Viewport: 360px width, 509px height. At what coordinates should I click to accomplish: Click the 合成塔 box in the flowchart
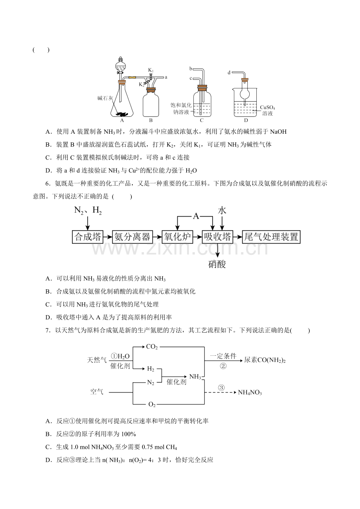[88, 237]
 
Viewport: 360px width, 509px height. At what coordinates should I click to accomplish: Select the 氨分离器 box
[133, 237]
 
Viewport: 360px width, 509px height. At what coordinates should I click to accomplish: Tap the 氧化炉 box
[177, 237]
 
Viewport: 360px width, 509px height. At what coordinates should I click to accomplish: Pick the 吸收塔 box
[218, 237]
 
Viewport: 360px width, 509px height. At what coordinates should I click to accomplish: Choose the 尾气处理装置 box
[271, 237]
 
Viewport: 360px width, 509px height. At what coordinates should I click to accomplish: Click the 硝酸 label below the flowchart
[217, 264]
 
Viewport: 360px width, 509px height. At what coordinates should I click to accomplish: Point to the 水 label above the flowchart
[222, 211]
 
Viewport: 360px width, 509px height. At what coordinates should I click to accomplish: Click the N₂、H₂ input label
[88, 211]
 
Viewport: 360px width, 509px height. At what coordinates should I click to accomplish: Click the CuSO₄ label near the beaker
[268, 107]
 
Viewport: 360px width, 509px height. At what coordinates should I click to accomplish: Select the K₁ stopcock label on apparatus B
[151, 70]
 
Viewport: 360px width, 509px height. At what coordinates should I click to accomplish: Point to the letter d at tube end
[229, 73]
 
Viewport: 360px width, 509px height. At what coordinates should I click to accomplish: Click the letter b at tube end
[191, 69]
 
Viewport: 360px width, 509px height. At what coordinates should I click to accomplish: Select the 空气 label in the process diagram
[97, 392]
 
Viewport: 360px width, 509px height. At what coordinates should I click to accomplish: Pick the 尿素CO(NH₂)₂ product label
[265, 360]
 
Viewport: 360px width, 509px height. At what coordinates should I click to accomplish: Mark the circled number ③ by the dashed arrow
[221, 388]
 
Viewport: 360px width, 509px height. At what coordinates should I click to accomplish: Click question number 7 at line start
[47, 331]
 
